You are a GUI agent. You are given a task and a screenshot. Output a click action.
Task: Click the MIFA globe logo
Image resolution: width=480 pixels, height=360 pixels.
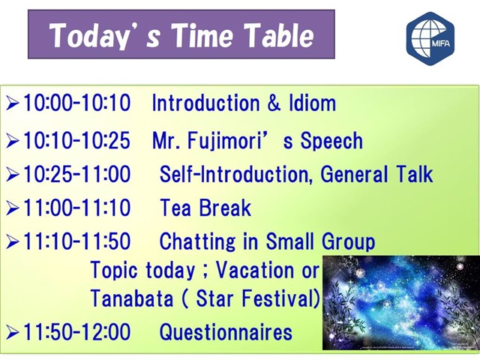tap(430, 38)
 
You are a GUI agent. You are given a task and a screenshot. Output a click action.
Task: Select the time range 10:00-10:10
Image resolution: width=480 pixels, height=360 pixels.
tap(77, 103)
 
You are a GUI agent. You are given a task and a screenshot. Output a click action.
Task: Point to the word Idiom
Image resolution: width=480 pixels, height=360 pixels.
tap(312, 103)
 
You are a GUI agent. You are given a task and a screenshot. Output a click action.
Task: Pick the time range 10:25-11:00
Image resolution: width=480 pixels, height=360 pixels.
tap(77, 174)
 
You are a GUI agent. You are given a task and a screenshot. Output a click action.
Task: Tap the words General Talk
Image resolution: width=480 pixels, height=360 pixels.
tap(376, 174)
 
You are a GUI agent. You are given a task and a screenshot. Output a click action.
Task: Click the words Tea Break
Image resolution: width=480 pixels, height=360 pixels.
tap(205, 208)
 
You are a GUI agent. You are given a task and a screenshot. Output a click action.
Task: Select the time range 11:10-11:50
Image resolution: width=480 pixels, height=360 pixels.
tap(77, 241)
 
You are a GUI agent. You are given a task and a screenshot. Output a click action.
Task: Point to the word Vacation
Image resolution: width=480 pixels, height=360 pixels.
tap(256, 270)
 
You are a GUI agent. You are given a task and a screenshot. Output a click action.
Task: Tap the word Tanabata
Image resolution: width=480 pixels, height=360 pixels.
tap(132, 298)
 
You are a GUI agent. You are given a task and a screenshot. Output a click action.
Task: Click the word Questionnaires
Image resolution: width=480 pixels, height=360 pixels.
tap(226, 331)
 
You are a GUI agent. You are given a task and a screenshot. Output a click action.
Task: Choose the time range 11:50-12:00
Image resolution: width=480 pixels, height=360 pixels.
tap(77, 331)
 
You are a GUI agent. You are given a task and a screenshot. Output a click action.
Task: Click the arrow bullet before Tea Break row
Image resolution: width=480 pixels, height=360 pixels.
tap(13, 208)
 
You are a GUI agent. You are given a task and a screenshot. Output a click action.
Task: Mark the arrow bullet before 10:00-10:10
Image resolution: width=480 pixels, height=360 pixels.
tap(13, 103)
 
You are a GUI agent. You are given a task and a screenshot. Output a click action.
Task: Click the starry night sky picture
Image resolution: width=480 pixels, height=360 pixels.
tap(401, 302)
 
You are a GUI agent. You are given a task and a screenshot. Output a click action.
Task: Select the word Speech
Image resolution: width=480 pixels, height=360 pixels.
tap(331, 141)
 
